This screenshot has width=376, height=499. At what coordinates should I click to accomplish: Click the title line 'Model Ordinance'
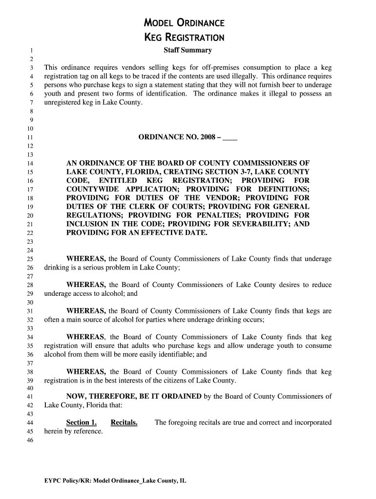point(184,23)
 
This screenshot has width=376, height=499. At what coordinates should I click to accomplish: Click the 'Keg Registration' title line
point(184,38)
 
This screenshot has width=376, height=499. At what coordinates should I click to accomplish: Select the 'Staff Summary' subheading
point(188,50)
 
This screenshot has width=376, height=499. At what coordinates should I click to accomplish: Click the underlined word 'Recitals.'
point(124,422)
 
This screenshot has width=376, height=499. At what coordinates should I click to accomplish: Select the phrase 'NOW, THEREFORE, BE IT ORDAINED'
point(134,396)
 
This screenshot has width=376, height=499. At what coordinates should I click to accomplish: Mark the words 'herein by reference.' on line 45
point(74,431)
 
